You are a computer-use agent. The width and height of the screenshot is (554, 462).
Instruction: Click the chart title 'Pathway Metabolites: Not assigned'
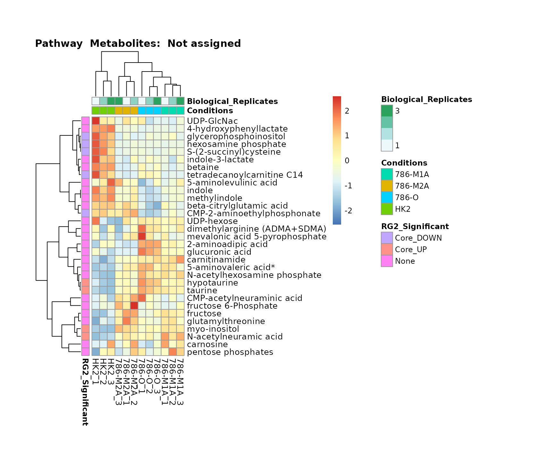[x=138, y=44]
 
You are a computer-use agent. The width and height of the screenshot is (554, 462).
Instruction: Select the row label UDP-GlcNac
[x=212, y=121]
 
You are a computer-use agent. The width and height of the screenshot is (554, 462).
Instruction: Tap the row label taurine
[x=202, y=291]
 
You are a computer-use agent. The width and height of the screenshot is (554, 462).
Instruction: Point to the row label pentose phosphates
[x=230, y=352]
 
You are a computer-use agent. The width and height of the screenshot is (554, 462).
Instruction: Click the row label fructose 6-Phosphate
[x=232, y=306]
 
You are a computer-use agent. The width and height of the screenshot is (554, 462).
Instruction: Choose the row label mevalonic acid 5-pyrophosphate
[x=256, y=237]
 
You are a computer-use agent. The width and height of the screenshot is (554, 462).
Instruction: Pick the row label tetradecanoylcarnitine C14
[x=245, y=175]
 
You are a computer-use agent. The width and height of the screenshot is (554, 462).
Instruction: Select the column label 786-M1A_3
[x=180, y=382]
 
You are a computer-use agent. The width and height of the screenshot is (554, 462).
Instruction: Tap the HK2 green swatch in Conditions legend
[x=387, y=209]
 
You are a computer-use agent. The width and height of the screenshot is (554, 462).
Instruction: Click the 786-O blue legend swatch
[x=387, y=198]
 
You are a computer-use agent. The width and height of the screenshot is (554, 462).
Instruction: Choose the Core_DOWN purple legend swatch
[x=387, y=238]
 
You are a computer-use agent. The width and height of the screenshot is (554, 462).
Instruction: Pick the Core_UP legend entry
[x=410, y=250]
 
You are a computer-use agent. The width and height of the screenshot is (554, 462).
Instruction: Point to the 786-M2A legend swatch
[x=387, y=186]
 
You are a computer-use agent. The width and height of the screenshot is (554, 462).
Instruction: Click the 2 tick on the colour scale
[x=347, y=111]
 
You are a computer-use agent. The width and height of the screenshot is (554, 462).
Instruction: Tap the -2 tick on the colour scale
[x=348, y=211]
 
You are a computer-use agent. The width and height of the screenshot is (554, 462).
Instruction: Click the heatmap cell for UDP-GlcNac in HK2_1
[x=96, y=121]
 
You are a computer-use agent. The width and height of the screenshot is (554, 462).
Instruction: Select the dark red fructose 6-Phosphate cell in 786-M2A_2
[x=134, y=306]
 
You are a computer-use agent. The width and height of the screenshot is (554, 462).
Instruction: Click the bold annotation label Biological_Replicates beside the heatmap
[x=232, y=101]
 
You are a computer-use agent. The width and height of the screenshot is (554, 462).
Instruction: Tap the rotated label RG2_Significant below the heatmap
[x=85, y=392]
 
